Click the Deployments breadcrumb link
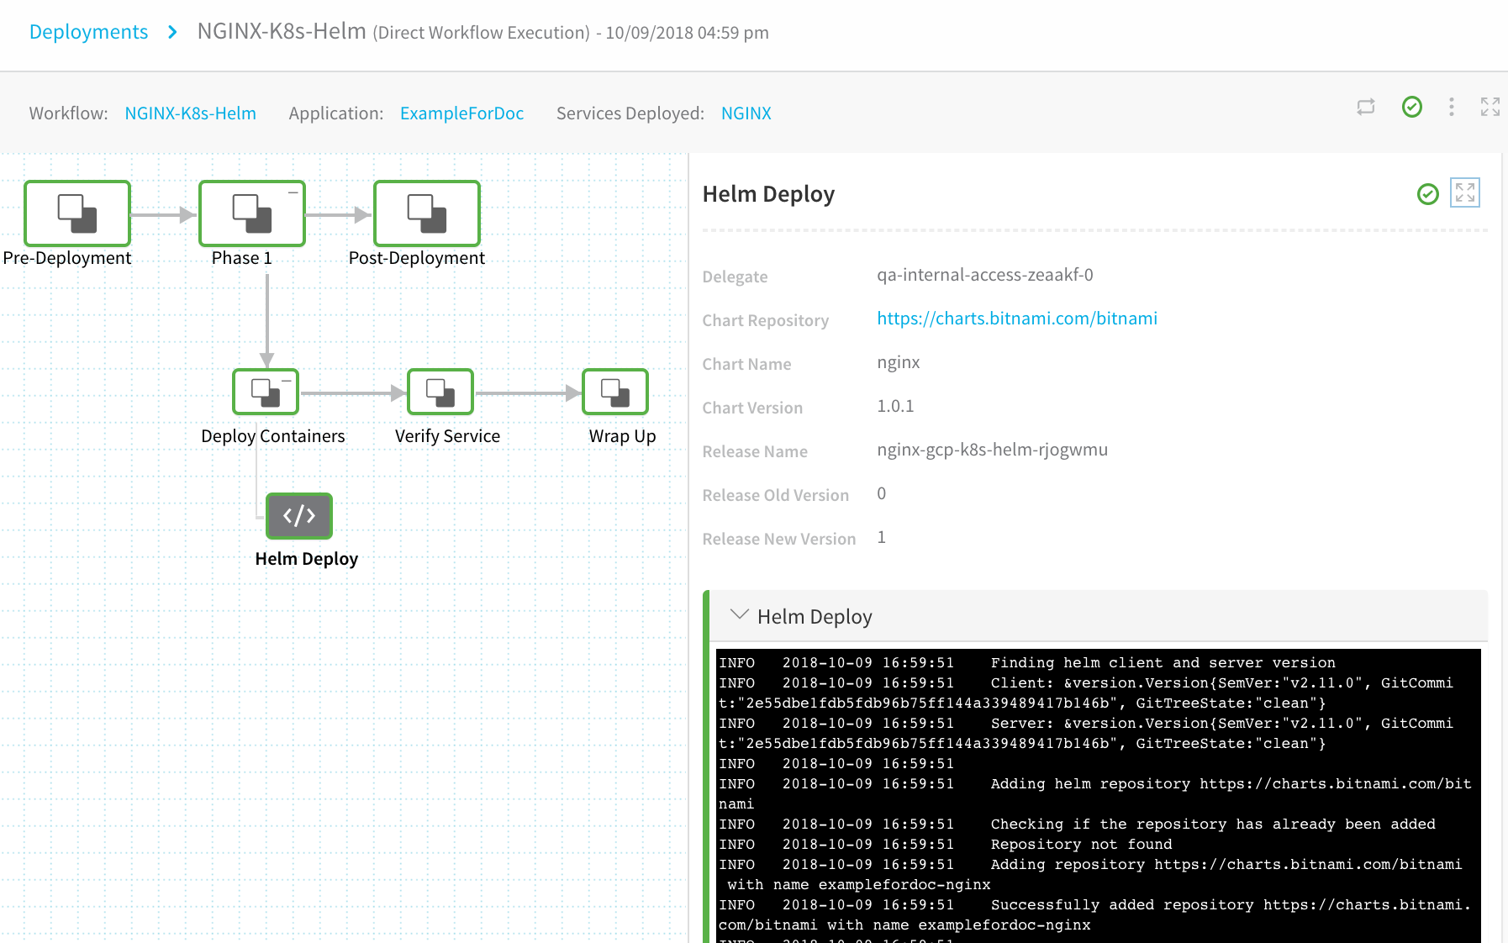tap(88, 32)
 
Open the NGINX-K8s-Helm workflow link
tap(190, 113)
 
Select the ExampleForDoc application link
tap(461, 113)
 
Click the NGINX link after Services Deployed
tap(746, 113)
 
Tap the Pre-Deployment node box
tap(77, 213)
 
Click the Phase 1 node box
tap(252, 213)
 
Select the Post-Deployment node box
tap(427, 213)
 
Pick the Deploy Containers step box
tap(266, 392)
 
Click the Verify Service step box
tap(440, 392)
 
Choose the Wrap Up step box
tap(615, 392)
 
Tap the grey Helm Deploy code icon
tap(299, 515)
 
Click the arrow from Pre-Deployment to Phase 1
tap(165, 215)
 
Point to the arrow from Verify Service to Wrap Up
tap(528, 392)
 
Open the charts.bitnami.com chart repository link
tap(1017, 319)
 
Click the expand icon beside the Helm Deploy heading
tap(1465, 193)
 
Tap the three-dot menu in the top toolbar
tap(1452, 107)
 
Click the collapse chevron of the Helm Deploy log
tap(740, 614)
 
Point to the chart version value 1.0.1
tap(895, 406)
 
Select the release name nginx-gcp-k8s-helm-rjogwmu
tap(992, 450)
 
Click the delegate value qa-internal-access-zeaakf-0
tap(985, 275)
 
